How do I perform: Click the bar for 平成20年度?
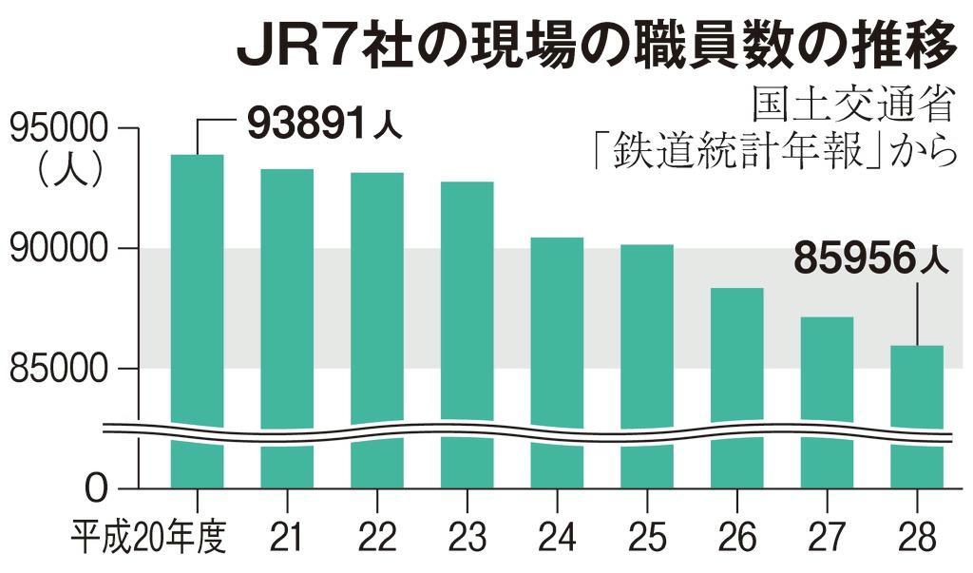pyautogui.click(x=197, y=285)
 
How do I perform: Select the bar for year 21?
pyautogui.click(x=287, y=295)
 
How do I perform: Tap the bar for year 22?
pyautogui.click(x=377, y=295)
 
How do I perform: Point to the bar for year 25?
pyautogui.click(x=647, y=333)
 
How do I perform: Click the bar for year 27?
pyautogui.click(x=827, y=371)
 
